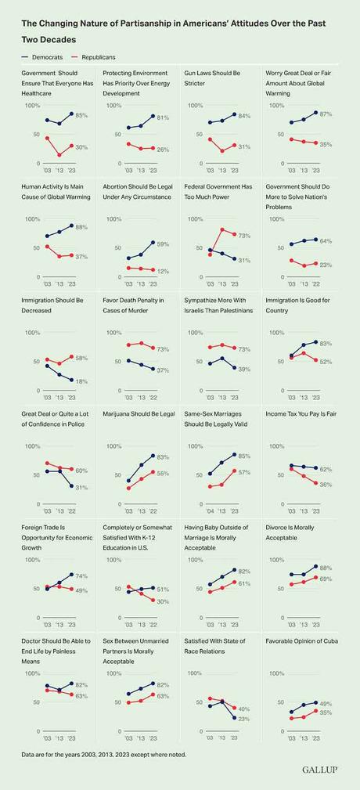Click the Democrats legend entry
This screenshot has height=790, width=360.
point(41,58)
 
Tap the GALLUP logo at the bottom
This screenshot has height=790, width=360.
point(320,770)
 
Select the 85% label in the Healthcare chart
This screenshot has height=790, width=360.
point(81,115)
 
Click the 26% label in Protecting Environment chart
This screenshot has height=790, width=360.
point(163,149)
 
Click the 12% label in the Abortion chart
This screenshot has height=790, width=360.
point(163,271)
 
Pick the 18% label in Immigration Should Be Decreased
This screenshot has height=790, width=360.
point(81,381)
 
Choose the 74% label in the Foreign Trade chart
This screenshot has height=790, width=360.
point(81,575)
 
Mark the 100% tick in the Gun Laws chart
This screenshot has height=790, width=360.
point(193,105)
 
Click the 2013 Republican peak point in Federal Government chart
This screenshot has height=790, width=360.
point(223,229)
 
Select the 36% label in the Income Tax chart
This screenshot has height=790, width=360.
point(326,484)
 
